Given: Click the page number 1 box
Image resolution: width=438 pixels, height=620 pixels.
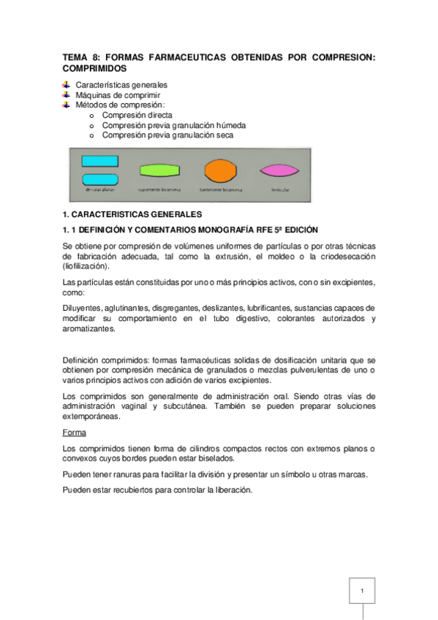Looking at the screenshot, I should (361, 589).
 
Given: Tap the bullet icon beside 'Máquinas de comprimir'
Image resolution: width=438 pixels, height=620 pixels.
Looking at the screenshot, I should (67, 95).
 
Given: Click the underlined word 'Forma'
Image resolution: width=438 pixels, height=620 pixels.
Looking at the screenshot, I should (75, 432).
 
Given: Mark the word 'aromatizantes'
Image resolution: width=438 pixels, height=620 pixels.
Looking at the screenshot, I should (89, 329).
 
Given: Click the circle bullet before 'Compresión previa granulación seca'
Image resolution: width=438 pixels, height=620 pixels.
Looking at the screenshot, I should (91, 135).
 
